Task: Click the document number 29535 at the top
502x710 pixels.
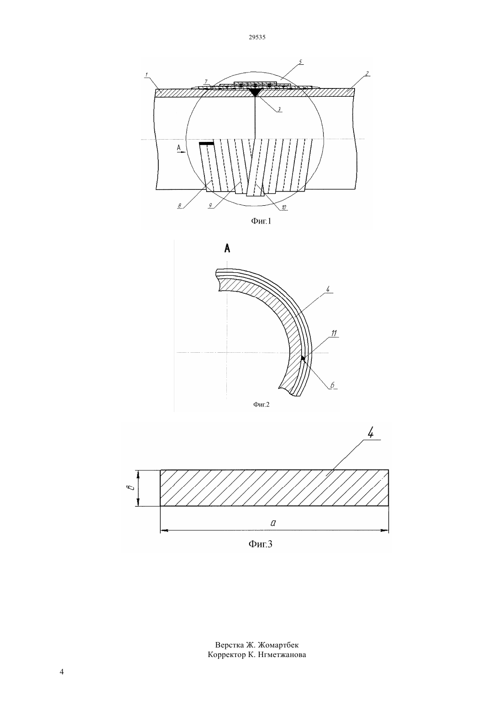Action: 257,37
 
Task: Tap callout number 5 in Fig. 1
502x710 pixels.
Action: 300,62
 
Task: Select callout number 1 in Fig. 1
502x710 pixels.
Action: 146,74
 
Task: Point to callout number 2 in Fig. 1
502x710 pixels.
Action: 367,73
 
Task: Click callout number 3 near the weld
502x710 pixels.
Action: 279,110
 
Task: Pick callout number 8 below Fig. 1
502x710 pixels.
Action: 180,206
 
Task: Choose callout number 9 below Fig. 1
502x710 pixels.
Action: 210,206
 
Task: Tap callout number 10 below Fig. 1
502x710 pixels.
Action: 284,207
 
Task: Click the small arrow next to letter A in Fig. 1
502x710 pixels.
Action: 182,152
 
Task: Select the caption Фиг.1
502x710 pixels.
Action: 261,221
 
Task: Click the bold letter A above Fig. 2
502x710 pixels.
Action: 227,249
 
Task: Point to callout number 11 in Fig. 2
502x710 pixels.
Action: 334,333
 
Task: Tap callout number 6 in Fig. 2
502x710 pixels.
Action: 332,385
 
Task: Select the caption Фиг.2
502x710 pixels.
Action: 261,404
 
